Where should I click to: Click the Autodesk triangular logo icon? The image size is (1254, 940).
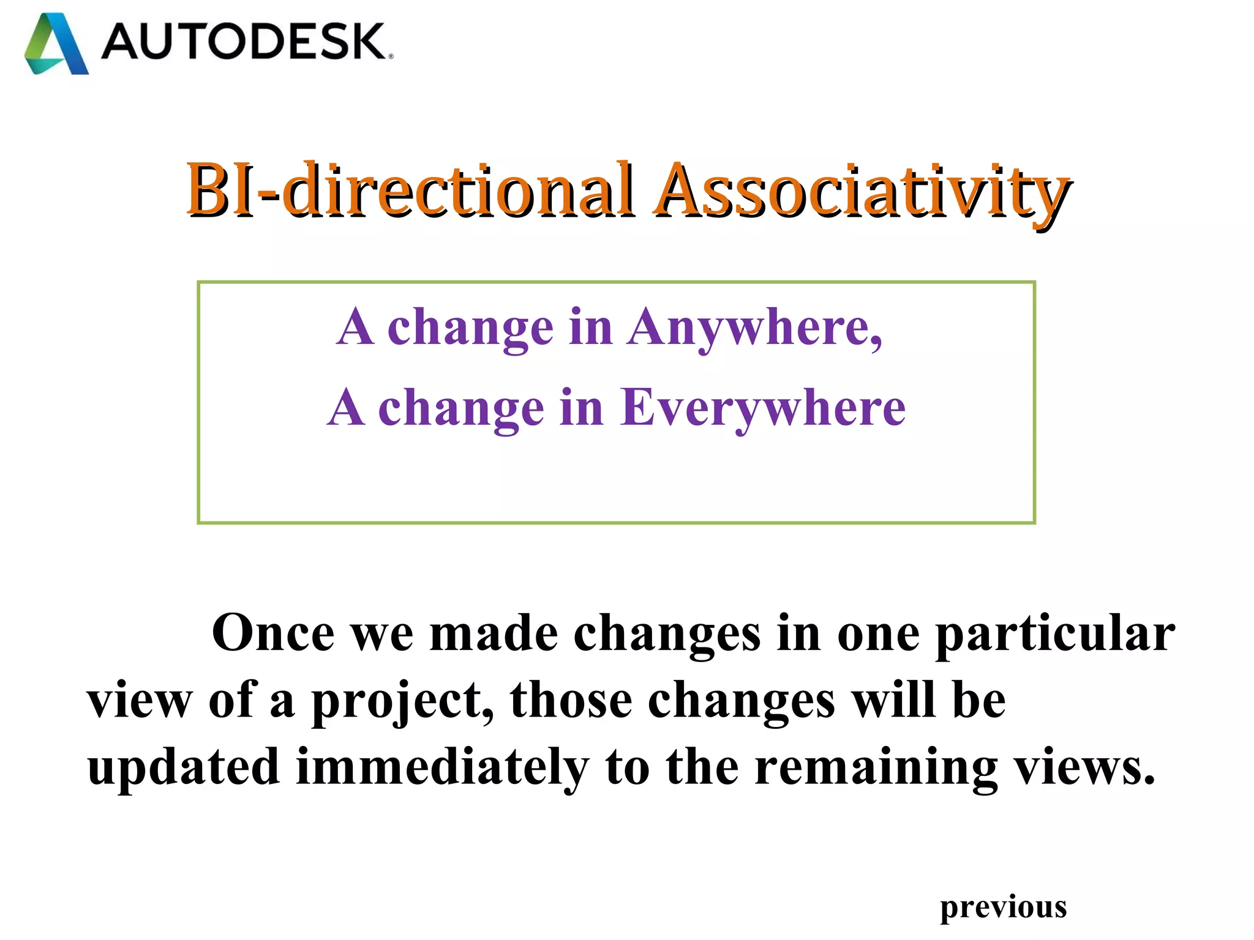[56, 44]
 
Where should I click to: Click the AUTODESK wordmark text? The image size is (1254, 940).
[245, 42]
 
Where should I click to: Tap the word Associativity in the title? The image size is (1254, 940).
[862, 191]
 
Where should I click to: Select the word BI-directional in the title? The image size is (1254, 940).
[409, 191]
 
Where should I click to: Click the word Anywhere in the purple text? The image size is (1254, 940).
[754, 328]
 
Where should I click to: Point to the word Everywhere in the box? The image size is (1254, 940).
[763, 408]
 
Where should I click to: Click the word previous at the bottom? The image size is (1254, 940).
[1003, 907]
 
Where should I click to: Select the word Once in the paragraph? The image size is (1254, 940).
[273, 633]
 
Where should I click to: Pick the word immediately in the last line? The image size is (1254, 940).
[442, 767]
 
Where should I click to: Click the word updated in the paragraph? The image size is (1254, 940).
[184, 767]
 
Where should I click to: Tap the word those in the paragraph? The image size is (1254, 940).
[571, 700]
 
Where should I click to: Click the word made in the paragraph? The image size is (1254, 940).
[494, 633]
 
